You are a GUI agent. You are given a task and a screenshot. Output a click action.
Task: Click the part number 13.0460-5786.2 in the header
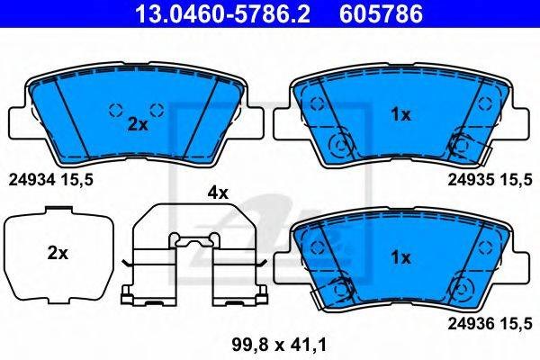coord(223,13)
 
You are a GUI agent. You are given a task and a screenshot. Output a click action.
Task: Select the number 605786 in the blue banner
coord(382,13)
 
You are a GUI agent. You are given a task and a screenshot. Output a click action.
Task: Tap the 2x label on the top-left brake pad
coord(138,124)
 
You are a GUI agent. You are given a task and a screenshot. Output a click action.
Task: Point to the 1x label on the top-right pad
coord(400,114)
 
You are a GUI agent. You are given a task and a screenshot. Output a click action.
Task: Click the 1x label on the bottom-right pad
coord(400,257)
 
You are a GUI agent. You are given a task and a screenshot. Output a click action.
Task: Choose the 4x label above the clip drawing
coord(218,193)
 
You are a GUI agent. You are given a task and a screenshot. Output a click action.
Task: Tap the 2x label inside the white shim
coord(58,254)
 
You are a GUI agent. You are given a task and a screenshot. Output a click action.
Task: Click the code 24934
coord(31,180)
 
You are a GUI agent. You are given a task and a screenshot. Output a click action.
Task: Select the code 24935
coord(471,180)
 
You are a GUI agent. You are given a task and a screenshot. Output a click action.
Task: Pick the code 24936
coord(471,323)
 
